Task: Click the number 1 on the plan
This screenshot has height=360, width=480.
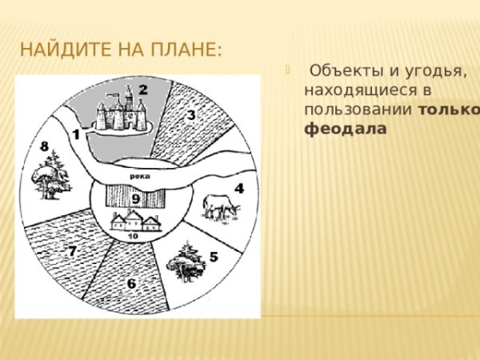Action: [x=76, y=136]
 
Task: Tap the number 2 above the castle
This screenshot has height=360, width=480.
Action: [x=144, y=89]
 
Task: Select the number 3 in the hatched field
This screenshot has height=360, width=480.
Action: [x=191, y=115]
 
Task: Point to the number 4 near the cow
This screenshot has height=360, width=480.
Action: [x=238, y=190]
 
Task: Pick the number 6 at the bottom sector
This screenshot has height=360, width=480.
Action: [x=130, y=283]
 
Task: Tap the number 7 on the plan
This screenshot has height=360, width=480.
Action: [x=72, y=251]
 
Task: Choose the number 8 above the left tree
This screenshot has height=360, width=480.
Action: [x=45, y=146]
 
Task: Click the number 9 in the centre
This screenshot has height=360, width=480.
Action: [x=136, y=198]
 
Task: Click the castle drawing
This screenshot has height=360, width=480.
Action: [x=121, y=112]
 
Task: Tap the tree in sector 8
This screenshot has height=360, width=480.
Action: [x=49, y=178]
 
